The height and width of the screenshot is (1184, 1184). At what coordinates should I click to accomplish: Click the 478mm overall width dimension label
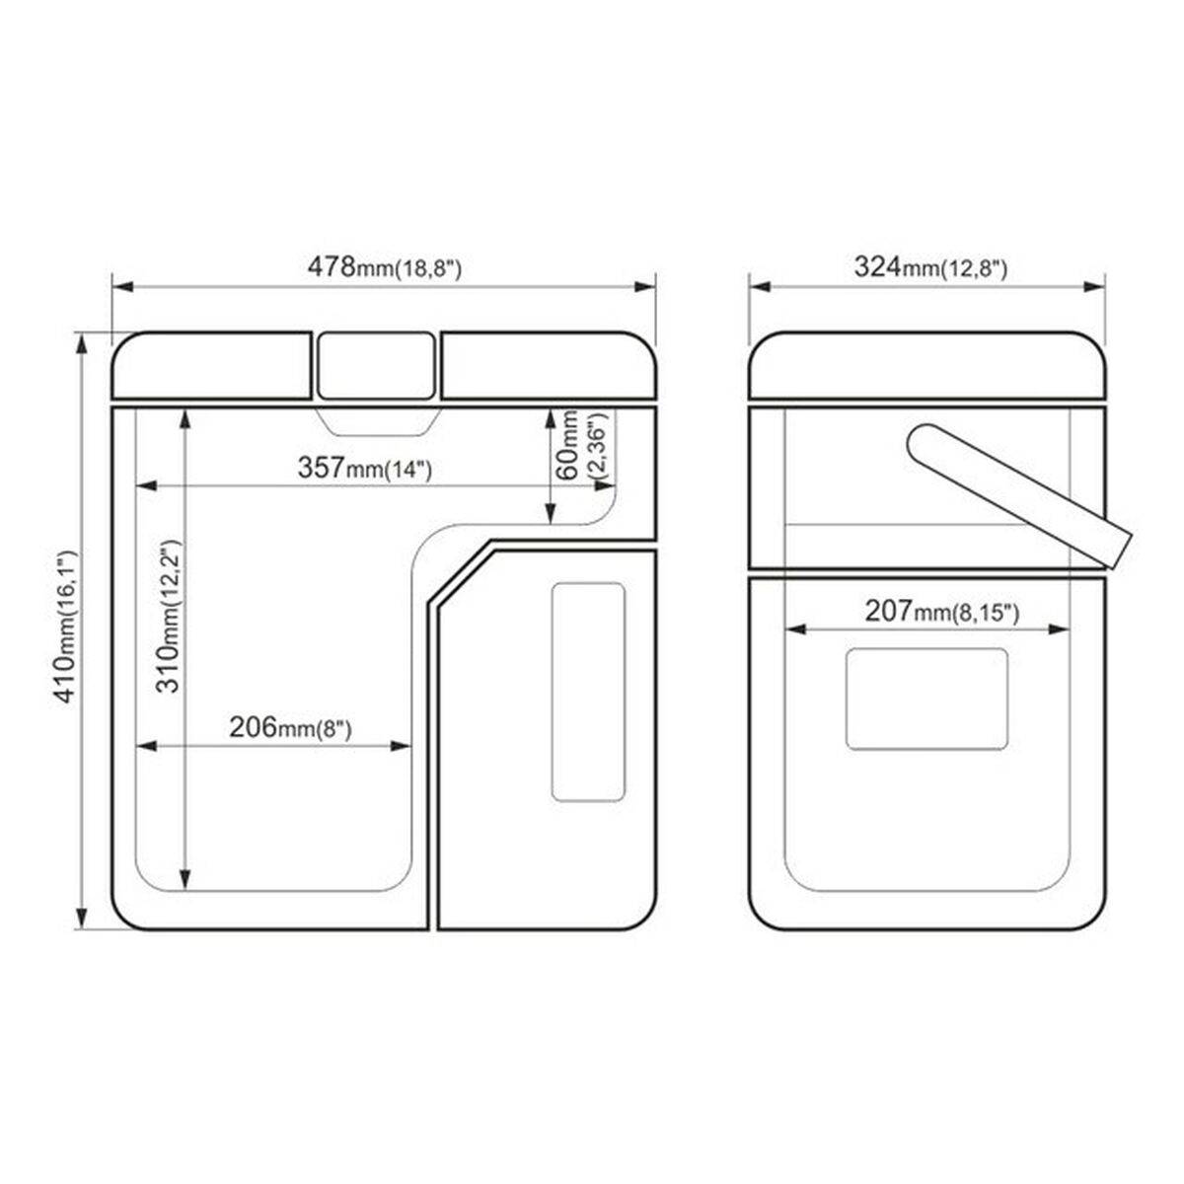(384, 267)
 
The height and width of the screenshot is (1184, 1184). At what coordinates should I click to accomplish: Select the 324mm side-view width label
(930, 267)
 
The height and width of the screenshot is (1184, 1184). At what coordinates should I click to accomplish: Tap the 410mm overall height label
(66, 627)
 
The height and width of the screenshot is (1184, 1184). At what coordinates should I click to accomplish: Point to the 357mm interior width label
(365, 468)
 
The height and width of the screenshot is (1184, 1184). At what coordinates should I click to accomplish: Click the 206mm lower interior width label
(290, 727)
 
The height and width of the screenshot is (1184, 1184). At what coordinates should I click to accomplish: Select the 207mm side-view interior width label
(942, 612)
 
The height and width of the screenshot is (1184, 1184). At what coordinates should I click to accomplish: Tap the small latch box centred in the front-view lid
(376, 366)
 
